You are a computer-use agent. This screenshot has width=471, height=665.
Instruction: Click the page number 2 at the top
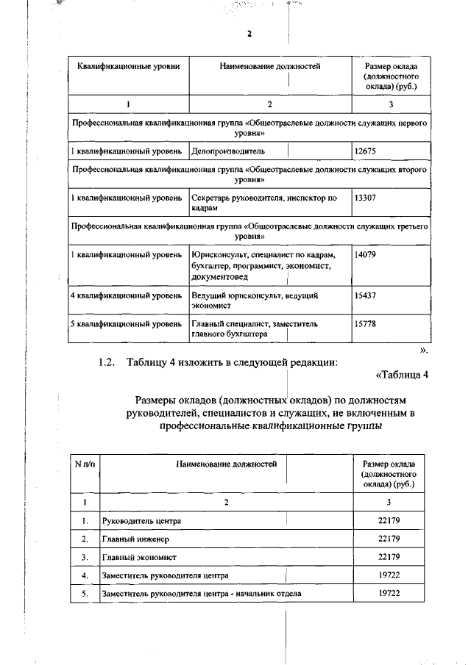249,34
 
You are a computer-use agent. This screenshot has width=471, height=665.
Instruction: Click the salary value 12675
365,151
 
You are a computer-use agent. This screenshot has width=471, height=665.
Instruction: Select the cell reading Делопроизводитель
222,151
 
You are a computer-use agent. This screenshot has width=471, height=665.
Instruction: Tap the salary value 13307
365,198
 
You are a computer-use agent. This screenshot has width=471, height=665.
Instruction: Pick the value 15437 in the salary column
365,295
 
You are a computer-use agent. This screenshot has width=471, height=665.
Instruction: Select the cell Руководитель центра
142,521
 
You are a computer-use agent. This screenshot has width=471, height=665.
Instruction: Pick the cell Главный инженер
136,539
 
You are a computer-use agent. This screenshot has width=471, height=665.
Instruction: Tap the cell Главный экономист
139,558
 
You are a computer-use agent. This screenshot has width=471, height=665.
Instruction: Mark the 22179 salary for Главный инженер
389,539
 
